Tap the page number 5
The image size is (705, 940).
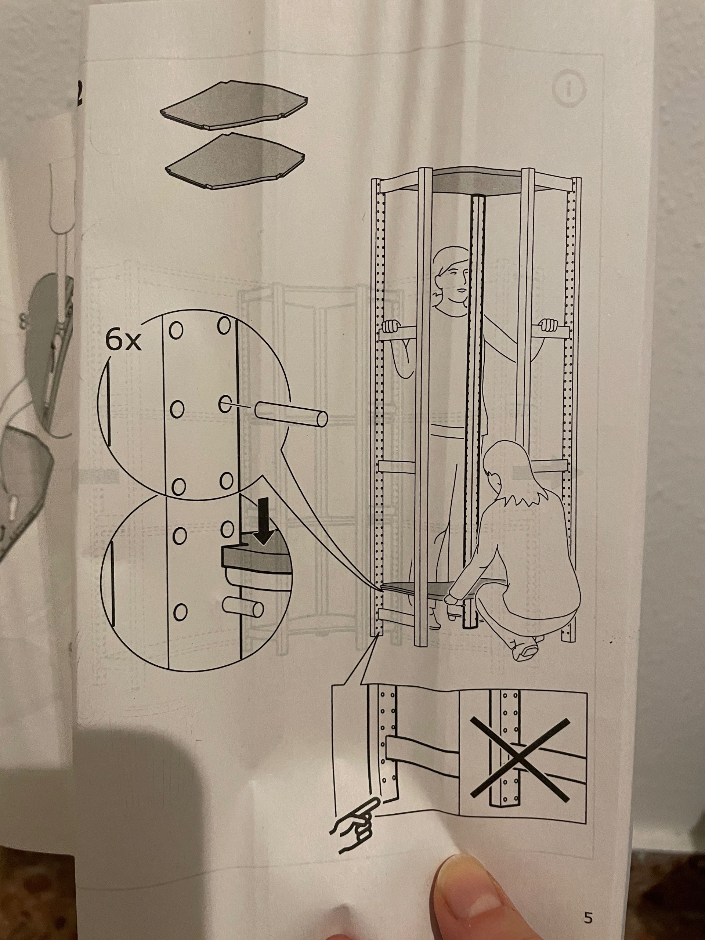point(588,915)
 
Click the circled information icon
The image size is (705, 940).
point(571,88)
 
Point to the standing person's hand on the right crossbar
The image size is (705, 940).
point(548,326)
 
